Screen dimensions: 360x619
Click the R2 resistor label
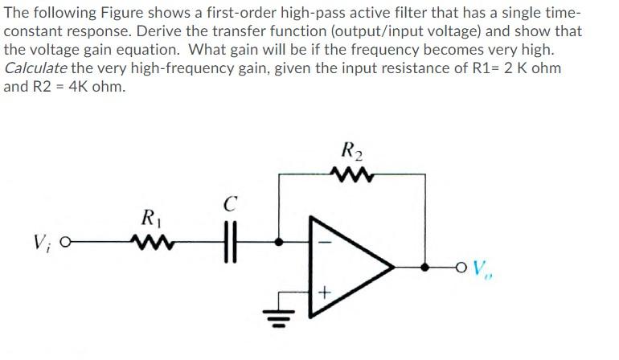tap(352, 149)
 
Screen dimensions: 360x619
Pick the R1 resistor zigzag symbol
tap(150, 239)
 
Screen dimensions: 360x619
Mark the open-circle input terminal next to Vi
tap(65, 240)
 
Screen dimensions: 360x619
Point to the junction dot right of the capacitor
tap(279, 240)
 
